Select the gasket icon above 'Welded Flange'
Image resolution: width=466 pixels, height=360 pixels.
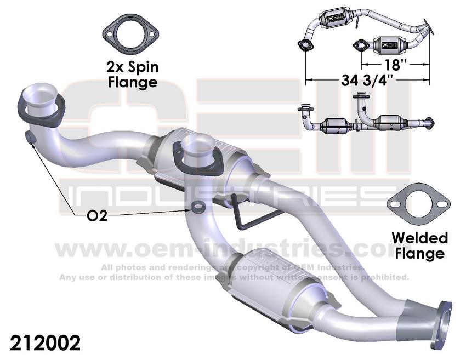(x=416, y=205)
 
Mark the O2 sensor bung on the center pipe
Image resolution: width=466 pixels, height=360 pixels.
(x=196, y=208)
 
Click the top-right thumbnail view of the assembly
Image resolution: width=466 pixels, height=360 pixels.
(x=365, y=30)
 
